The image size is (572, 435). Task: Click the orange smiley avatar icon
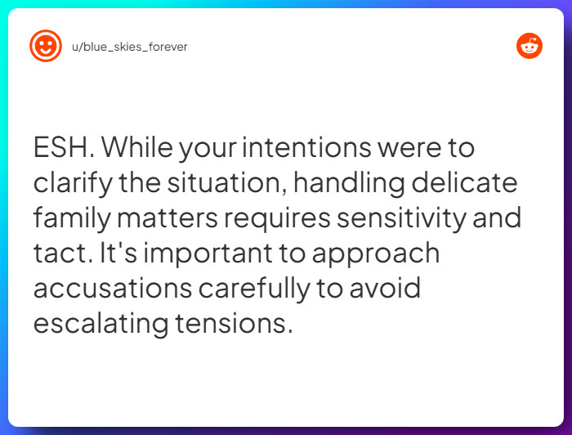(46, 46)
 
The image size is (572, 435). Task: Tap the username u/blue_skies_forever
(128, 47)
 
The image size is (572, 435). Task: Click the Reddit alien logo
(530, 46)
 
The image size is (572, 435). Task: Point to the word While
(136, 149)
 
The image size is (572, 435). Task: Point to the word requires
(284, 219)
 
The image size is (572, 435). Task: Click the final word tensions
(232, 324)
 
